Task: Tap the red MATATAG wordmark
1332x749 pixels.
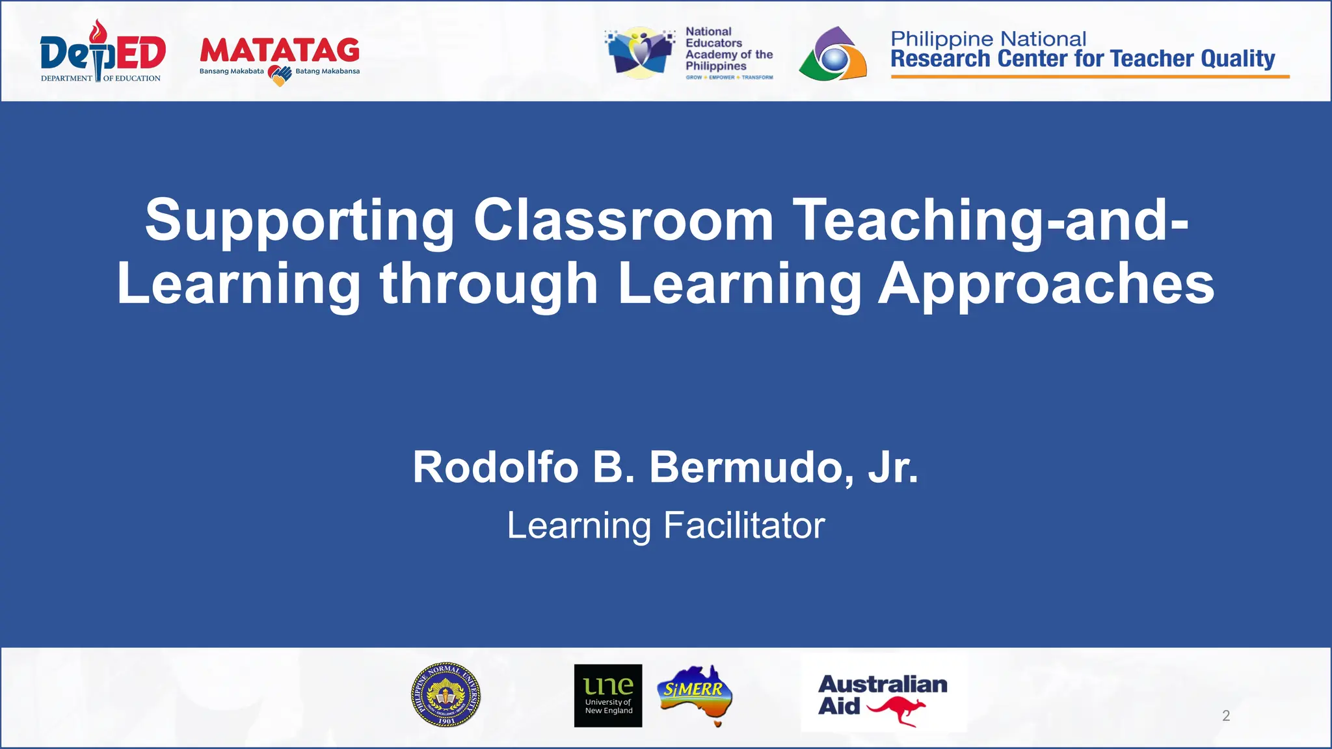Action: tap(280, 51)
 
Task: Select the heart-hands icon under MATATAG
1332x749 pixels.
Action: tap(280, 75)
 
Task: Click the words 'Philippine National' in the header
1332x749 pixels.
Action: tap(988, 39)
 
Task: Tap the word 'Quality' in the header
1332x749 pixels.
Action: tap(1238, 59)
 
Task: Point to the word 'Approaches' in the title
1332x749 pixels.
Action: tap(1046, 284)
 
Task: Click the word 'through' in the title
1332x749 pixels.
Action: tap(489, 284)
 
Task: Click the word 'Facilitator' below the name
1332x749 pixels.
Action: tap(744, 525)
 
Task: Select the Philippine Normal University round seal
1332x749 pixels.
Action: tap(446, 694)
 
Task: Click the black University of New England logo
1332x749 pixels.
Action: tap(608, 695)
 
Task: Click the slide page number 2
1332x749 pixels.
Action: tap(1226, 716)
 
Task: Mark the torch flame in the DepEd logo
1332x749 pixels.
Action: tap(98, 30)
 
